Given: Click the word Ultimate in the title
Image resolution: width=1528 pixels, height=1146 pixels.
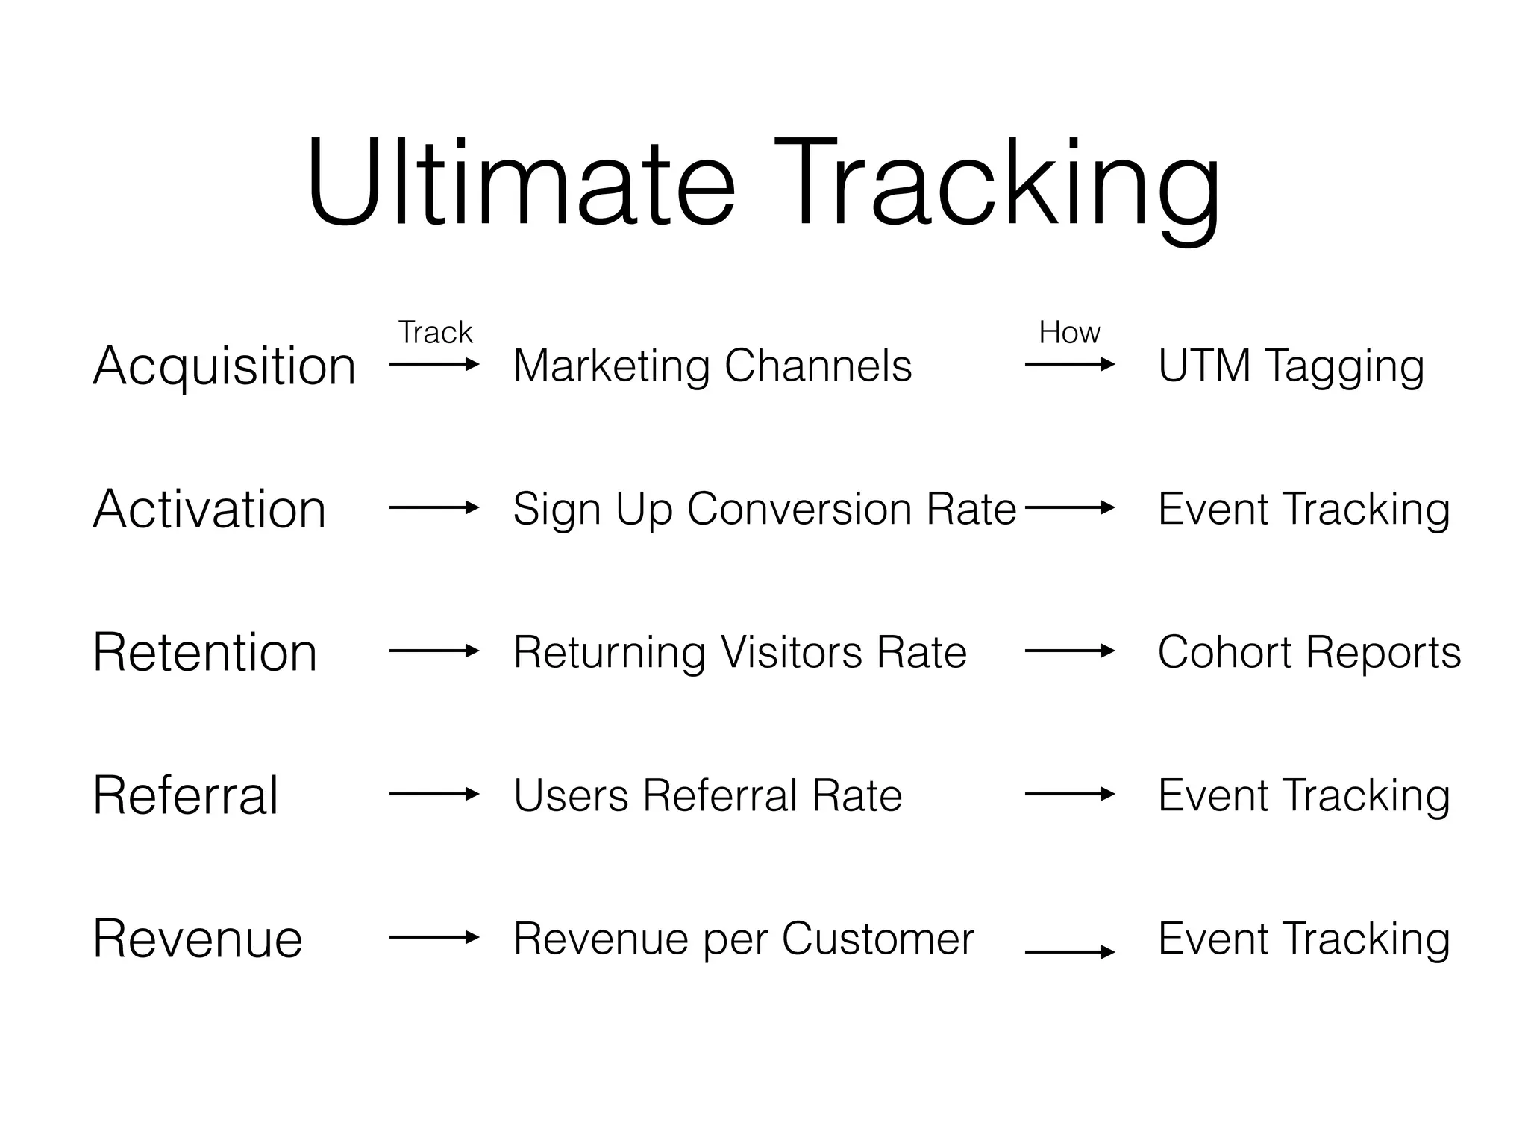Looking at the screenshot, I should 521,183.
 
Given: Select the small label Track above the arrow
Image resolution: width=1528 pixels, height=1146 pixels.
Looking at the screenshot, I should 435,333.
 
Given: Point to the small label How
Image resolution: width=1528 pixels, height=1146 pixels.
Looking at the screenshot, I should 1069,333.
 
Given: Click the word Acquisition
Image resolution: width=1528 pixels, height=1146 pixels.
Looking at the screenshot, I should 224,366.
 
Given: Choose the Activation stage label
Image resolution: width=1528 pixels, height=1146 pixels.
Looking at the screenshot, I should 210,510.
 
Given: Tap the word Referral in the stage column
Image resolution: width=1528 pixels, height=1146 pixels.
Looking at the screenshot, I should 186,796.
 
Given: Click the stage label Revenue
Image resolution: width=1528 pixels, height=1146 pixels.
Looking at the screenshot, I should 198,939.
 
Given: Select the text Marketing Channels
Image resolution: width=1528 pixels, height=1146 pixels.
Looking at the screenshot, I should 713,366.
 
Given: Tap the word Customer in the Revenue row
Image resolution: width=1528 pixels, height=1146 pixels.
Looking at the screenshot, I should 878,939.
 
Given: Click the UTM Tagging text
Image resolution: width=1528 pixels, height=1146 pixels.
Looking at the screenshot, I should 1291,366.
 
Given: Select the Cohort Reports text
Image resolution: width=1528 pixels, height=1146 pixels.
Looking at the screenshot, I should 1309,653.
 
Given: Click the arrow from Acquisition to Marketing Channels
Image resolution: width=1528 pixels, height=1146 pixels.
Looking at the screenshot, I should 434,365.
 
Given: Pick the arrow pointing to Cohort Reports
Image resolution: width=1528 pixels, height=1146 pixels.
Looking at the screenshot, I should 1070,651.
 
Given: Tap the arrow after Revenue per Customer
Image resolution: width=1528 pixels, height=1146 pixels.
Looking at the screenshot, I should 1070,952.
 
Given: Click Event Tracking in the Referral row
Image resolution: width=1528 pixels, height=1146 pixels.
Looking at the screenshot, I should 1304,796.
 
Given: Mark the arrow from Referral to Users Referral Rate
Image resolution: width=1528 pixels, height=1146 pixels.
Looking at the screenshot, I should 434,795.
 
